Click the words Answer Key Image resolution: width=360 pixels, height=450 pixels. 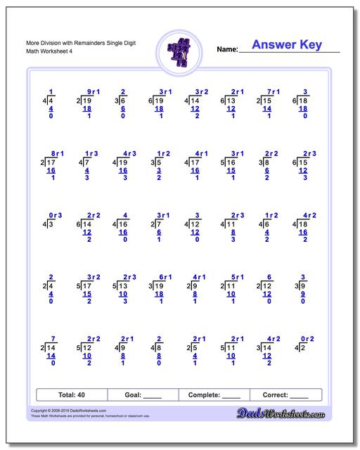287,45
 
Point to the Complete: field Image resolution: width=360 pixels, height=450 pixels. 215,395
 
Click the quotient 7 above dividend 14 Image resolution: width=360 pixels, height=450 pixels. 52,338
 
